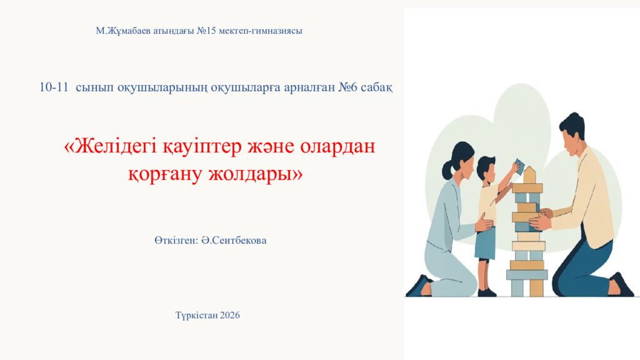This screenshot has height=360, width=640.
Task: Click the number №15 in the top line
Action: (206, 31)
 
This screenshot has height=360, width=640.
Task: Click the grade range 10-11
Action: (54, 88)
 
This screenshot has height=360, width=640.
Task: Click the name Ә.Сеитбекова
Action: (234, 240)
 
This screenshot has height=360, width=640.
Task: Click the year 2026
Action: (229, 315)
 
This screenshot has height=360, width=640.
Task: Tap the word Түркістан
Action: (196, 315)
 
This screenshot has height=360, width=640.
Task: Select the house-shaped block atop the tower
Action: (529, 174)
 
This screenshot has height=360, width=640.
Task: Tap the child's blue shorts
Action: (484, 242)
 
